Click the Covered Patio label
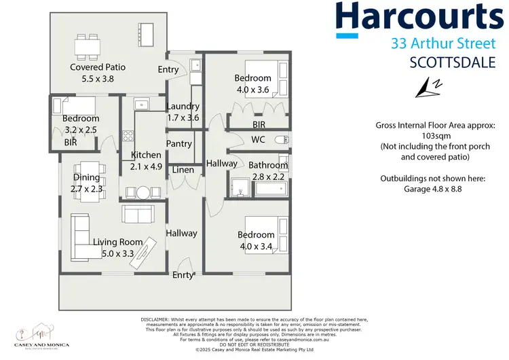pyautogui.click(x=98, y=67)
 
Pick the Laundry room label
pyautogui.click(x=183, y=106)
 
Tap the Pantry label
pyautogui.click(x=179, y=143)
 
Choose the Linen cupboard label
pyautogui.click(x=183, y=170)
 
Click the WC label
pyautogui.click(x=258, y=140)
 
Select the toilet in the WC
pyautogui.click(x=282, y=141)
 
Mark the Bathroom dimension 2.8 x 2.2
pyautogui.click(x=268, y=176)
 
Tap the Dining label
pyautogui.click(x=86, y=178)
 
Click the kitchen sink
pyautogui.click(x=142, y=104)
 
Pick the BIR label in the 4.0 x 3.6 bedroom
pyautogui.click(x=259, y=125)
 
